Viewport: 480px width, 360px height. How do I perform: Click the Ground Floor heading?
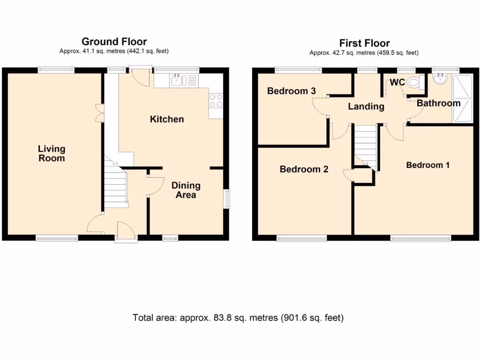click(114, 42)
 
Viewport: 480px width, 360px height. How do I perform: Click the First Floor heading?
click(364, 44)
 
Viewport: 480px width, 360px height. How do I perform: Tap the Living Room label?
click(52, 154)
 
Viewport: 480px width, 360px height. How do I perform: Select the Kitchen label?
click(167, 119)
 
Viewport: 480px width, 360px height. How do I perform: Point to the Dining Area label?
click(186, 190)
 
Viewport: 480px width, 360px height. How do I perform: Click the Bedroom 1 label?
click(427, 165)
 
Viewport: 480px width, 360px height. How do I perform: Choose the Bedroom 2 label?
click(304, 169)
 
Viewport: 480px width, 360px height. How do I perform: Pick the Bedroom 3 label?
click(291, 91)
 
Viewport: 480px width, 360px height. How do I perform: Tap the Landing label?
click(366, 106)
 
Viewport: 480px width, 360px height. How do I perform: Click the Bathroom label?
click(438, 103)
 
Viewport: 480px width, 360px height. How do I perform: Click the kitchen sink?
click(178, 81)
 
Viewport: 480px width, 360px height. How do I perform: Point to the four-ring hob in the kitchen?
click(216, 101)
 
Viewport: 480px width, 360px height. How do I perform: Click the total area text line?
click(238, 318)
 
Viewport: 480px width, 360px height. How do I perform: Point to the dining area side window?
click(227, 198)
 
